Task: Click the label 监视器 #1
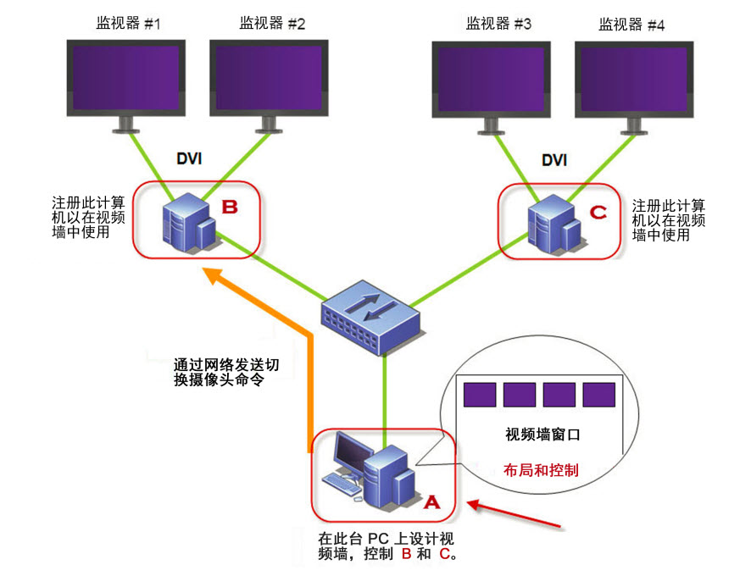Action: click(128, 24)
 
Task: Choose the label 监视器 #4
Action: click(632, 25)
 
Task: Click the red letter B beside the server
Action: click(230, 206)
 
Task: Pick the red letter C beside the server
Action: click(598, 211)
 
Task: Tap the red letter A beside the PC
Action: click(431, 501)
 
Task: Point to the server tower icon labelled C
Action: click(553, 224)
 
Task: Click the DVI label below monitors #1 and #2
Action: click(189, 158)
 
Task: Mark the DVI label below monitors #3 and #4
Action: click(554, 159)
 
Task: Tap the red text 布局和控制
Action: click(541, 469)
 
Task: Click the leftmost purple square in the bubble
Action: click(480, 396)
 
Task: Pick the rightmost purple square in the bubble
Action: click(598, 396)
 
